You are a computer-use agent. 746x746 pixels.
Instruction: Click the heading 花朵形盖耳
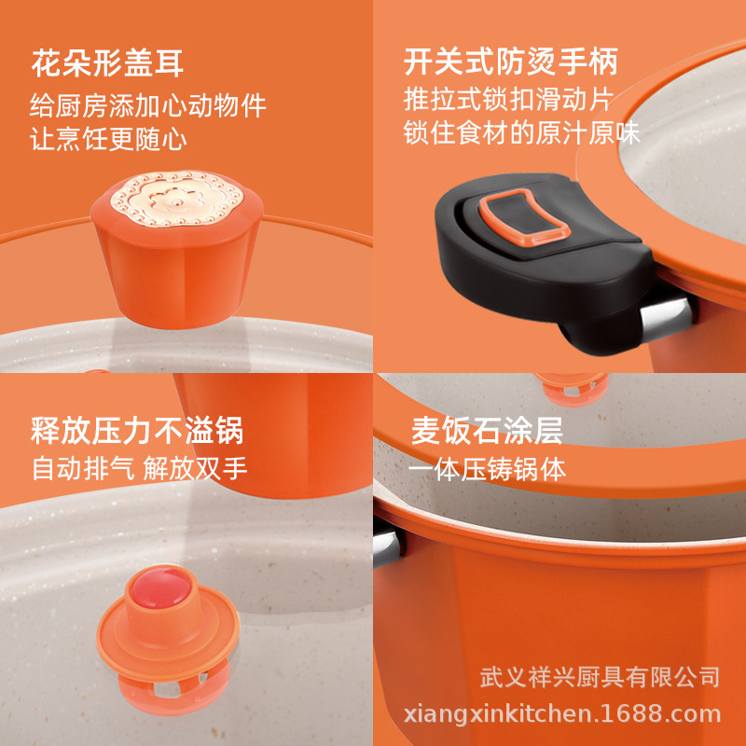[107, 63]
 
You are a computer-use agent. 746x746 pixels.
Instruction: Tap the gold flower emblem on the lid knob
[177, 199]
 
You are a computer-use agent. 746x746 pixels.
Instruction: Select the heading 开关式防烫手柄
[510, 62]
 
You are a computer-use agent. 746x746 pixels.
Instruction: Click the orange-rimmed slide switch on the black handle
[524, 217]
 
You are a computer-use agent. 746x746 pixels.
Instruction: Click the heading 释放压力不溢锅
[137, 430]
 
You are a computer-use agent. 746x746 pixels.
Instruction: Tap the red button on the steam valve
[160, 589]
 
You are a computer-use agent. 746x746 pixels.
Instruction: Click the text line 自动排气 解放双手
[139, 468]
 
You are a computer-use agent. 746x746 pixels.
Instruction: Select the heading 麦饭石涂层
[487, 430]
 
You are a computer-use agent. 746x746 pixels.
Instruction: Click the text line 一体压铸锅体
[487, 469]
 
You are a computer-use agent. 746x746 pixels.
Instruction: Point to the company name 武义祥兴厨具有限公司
[600, 677]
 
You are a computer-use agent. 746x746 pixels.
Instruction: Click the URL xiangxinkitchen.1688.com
[562, 714]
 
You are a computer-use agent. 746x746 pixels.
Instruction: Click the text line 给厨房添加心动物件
[148, 105]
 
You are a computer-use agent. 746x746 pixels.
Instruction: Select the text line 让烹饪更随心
[108, 139]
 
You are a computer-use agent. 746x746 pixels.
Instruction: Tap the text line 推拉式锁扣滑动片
[508, 99]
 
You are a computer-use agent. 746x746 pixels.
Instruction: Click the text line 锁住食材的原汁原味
[522, 132]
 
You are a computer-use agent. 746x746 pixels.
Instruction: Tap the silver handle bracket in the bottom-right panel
[387, 548]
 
